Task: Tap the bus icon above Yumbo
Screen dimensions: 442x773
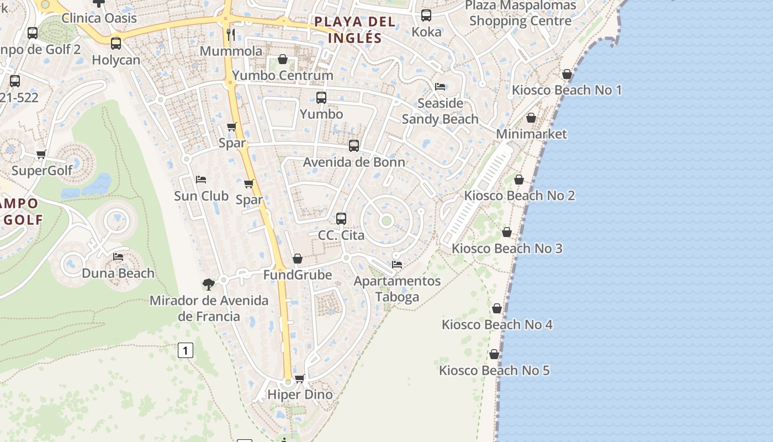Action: click(x=321, y=98)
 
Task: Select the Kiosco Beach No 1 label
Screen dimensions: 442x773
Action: click(x=566, y=90)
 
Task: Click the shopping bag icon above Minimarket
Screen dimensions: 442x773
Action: click(x=531, y=118)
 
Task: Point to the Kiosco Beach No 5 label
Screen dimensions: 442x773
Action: click(x=494, y=370)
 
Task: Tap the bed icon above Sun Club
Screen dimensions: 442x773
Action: click(x=201, y=180)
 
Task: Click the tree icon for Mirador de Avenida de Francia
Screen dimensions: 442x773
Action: click(x=208, y=285)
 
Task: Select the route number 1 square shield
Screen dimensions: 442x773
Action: click(x=186, y=350)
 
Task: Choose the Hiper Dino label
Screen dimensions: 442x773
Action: click(x=300, y=394)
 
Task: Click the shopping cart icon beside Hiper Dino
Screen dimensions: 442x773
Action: click(x=300, y=378)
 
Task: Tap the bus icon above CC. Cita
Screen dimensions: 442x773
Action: click(x=341, y=218)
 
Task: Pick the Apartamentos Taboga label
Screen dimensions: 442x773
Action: click(x=397, y=288)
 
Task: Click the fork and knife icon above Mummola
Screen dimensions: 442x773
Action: click(x=231, y=35)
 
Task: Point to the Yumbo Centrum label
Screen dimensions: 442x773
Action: click(x=283, y=75)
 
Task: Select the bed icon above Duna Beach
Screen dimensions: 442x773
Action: click(x=118, y=257)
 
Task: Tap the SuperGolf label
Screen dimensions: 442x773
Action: click(x=42, y=170)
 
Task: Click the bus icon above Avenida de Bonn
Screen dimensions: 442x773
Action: click(x=354, y=146)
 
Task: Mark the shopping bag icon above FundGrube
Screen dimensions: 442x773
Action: click(x=298, y=259)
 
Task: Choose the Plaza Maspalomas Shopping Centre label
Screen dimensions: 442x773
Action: click(x=520, y=13)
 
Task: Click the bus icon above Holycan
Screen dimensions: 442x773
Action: click(x=116, y=44)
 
